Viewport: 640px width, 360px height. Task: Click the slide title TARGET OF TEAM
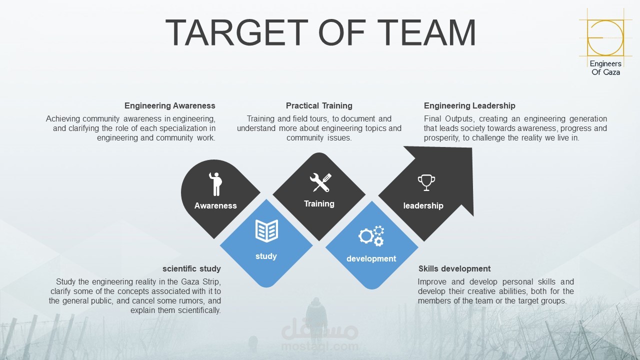pyautogui.click(x=320, y=33)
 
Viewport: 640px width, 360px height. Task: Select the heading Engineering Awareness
pyautogui.click(x=169, y=105)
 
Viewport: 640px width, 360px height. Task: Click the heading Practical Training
pyautogui.click(x=319, y=105)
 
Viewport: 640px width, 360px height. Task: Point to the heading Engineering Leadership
pyautogui.click(x=469, y=105)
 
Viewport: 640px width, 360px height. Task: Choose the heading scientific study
pyautogui.click(x=191, y=268)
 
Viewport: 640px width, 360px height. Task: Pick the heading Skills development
pyautogui.click(x=454, y=268)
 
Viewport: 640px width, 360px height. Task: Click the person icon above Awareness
pyautogui.click(x=215, y=184)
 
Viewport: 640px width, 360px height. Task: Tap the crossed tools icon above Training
pyautogui.click(x=320, y=182)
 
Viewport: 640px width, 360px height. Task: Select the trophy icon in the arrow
pyautogui.click(x=426, y=182)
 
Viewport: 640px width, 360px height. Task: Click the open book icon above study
pyautogui.click(x=266, y=231)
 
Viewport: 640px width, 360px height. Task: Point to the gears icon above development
pyautogui.click(x=371, y=235)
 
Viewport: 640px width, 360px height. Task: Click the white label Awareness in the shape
pyautogui.click(x=215, y=205)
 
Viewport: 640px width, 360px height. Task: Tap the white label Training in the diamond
pyautogui.click(x=319, y=203)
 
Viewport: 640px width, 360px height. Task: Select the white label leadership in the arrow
pyautogui.click(x=423, y=205)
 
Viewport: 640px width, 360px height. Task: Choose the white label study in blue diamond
pyautogui.click(x=266, y=256)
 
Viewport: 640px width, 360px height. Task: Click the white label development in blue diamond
pyautogui.click(x=371, y=258)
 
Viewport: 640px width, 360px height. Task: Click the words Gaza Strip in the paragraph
pyautogui.click(x=200, y=281)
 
